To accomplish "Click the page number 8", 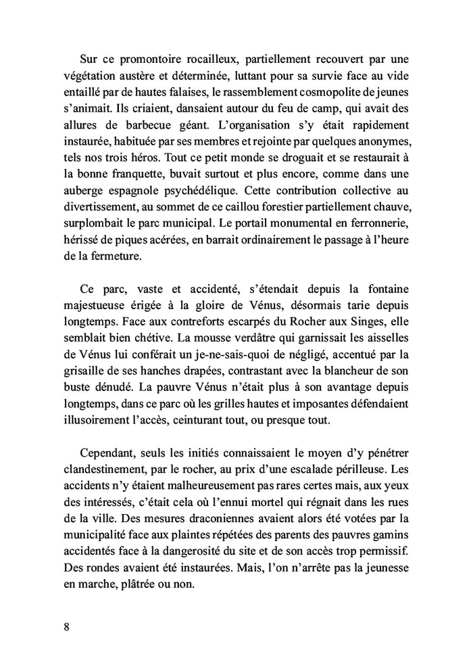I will click(66, 624).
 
